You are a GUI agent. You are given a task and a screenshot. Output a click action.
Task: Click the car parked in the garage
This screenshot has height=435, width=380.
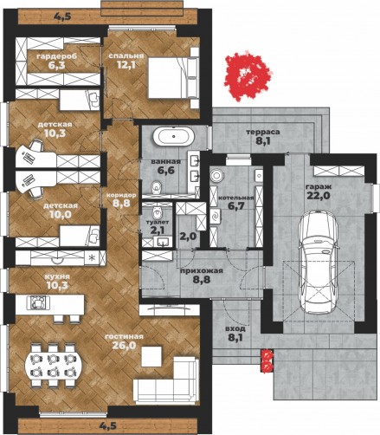pos(318,263)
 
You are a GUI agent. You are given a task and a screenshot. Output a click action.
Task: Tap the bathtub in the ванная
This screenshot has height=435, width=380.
pos(173,136)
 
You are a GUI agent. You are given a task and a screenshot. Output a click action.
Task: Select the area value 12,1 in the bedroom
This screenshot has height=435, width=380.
pos(126,65)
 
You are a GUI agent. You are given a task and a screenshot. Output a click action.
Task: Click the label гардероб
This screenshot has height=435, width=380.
pos(57,56)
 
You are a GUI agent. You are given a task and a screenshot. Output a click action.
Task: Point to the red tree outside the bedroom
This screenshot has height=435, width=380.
pos(247,75)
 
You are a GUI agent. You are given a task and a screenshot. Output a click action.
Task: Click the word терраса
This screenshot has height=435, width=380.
pos(263,132)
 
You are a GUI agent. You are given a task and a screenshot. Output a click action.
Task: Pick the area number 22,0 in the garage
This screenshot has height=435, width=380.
pos(319,196)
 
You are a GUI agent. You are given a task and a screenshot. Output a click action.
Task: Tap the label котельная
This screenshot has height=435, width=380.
pos(236,198)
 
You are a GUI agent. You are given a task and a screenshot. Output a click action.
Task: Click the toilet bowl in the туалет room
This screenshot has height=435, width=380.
pos(157,211)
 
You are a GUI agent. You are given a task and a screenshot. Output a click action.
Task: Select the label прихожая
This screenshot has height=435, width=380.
pos(202,270)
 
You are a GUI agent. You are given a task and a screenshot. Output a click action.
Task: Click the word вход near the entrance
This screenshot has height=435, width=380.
pos(235,328)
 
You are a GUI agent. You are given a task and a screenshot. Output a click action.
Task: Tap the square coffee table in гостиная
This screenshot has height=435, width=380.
pos(151,356)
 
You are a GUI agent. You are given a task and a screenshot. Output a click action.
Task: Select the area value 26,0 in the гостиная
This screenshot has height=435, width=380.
pos(124,345)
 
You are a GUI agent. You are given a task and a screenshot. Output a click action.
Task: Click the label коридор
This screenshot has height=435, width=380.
pos(121,195)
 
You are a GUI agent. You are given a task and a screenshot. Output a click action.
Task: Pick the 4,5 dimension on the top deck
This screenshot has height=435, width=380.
pos(62,16)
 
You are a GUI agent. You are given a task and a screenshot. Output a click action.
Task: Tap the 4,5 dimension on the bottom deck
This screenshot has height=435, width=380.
pos(108,425)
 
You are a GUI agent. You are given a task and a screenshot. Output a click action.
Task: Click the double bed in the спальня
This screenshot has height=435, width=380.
pos(173,78)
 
